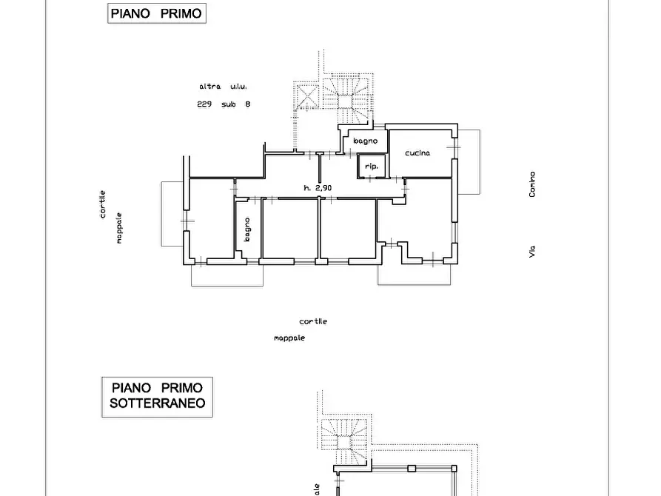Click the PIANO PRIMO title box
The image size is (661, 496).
[x=157, y=13]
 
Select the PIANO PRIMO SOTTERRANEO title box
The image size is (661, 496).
[x=157, y=397]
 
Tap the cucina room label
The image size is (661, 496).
[x=417, y=153]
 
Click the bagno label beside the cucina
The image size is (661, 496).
[x=365, y=141]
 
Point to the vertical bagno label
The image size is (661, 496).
[x=246, y=229]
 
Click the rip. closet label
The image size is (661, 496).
[x=372, y=167]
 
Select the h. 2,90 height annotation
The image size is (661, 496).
[x=318, y=188]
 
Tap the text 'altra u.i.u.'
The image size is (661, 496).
[x=223, y=87]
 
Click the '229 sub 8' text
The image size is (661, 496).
[x=224, y=104]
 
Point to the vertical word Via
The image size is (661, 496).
[x=532, y=252]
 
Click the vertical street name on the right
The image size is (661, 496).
[x=532, y=184]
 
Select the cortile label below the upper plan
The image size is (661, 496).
[x=313, y=321]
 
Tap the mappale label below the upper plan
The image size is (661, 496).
[x=289, y=338]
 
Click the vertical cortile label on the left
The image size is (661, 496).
[x=102, y=204]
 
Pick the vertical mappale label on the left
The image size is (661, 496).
[x=119, y=228]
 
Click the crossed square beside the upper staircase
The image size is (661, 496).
[x=308, y=95]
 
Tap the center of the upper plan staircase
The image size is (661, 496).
[x=345, y=101]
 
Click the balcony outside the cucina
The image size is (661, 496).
[x=469, y=162]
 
